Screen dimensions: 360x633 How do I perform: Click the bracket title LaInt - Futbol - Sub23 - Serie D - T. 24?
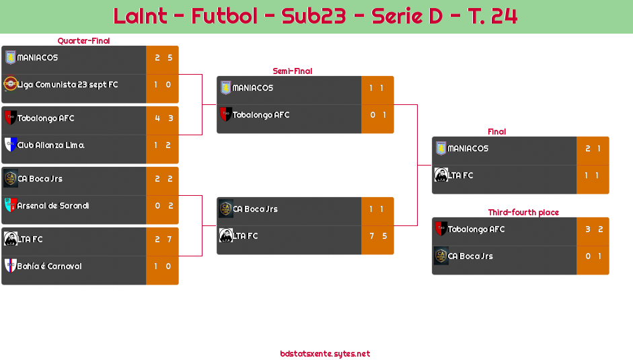pyautogui.click(x=315, y=16)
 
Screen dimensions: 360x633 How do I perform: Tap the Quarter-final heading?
pyautogui.click(x=83, y=41)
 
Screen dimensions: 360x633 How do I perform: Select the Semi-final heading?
pyautogui.click(x=291, y=71)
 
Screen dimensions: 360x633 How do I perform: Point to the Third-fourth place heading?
pyautogui.click(x=523, y=213)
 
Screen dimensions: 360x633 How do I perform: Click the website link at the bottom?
pyautogui.click(x=325, y=354)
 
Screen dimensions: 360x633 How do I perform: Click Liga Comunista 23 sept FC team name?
pyautogui.click(x=67, y=85)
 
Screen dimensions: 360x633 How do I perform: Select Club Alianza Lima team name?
pyautogui.click(x=50, y=145)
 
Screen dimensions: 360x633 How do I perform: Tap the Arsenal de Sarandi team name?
pyautogui.click(x=53, y=206)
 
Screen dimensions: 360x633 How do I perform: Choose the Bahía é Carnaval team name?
pyautogui.click(x=49, y=266)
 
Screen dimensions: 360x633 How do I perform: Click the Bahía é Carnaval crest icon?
pyautogui.click(x=10, y=266)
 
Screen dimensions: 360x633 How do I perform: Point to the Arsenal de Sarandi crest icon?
pyautogui.click(x=10, y=205)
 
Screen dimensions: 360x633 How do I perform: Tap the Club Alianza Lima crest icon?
pyautogui.click(x=10, y=145)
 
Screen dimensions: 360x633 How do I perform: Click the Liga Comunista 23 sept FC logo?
pyautogui.click(x=10, y=84)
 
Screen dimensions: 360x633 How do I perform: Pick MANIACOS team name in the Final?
pyautogui.click(x=468, y=149)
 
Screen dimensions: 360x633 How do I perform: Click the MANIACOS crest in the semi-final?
pyautogui.click(x=225, y=87)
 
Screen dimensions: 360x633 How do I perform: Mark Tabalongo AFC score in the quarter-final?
pyautogui.click(x=163, y=118)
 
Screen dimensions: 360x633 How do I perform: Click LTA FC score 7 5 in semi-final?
pyautogui.click(x=377, y=236)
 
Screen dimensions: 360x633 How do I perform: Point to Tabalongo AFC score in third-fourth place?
pyautogui.click(x=593, y=229)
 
